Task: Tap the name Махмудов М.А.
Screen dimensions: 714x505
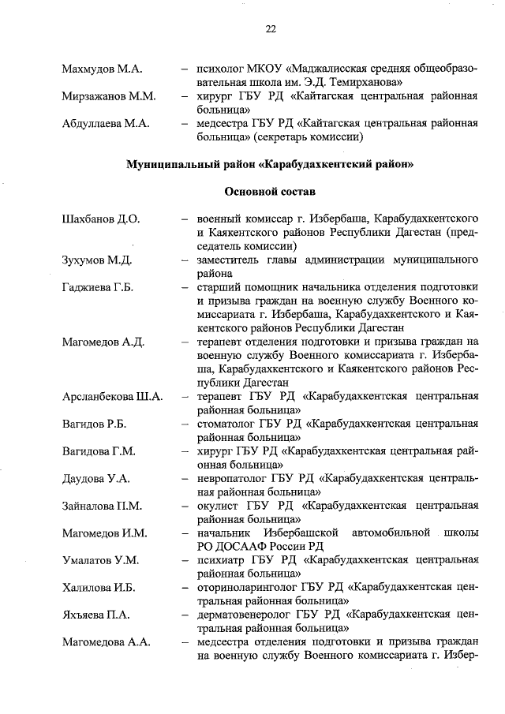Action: [101, 69]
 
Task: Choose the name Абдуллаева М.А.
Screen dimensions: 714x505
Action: [106, 123]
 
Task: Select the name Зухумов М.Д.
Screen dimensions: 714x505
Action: [96, 260]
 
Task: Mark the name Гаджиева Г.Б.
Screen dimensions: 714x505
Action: [97, 286]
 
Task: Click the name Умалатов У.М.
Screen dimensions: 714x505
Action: [100, 560]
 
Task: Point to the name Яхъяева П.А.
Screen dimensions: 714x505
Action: [95, 615]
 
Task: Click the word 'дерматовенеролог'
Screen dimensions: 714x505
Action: [248, 615]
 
